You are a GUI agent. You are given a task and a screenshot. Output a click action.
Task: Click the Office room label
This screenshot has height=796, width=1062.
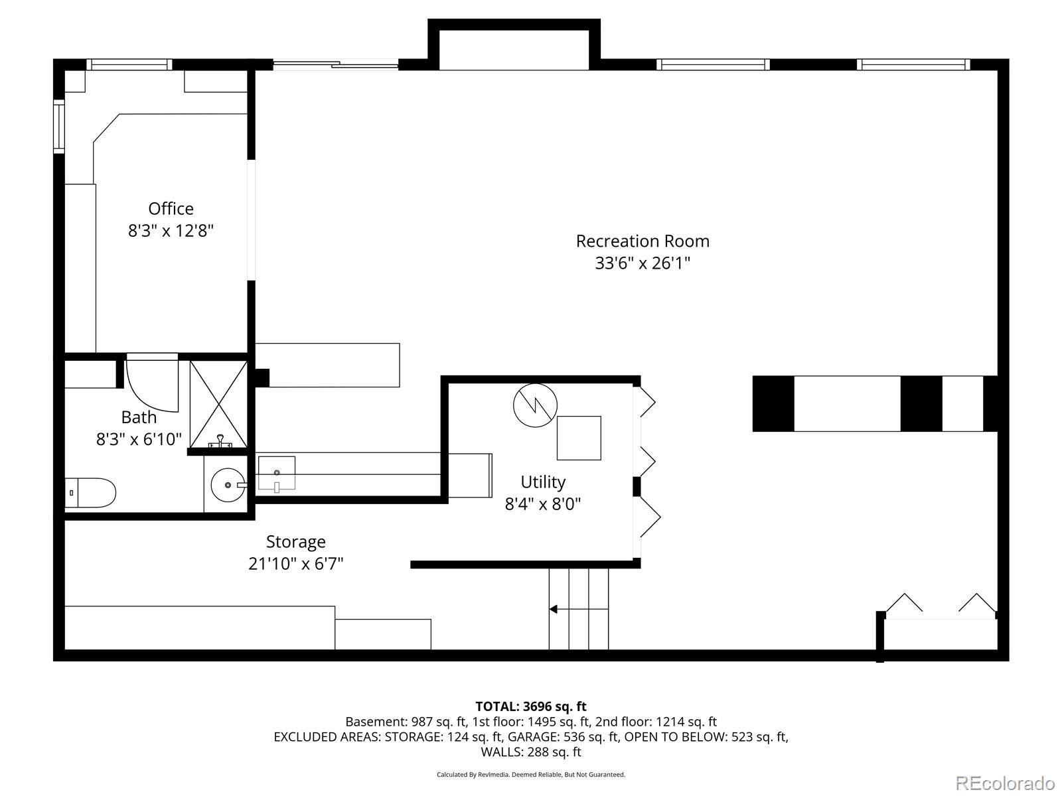coord(171,208)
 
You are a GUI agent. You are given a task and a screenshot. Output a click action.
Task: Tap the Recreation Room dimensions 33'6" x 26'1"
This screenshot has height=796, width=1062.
coord(642,263)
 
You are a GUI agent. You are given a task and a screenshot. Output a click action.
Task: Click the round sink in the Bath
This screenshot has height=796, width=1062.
coord(227,486)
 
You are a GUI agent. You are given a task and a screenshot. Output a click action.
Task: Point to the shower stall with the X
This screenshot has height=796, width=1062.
coord(218,403)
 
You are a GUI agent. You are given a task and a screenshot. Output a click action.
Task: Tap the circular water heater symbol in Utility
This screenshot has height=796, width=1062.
coord(535,405)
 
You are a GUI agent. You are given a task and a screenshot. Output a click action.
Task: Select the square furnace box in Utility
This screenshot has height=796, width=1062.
coord(579,438)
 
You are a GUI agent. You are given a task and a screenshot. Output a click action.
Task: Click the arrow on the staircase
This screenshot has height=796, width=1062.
coord(554,609)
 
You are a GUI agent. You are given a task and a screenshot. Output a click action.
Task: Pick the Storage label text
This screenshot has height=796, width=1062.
coord(295,542)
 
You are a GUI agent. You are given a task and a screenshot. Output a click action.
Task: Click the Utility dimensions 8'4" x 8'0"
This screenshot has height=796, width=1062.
coord(542,504)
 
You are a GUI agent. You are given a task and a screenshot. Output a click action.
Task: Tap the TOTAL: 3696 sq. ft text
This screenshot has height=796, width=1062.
coord(530,706)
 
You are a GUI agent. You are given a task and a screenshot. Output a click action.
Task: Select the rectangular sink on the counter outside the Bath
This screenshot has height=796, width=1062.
coord(276,472)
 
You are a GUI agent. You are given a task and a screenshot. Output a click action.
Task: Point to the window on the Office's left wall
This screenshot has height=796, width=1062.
coord(58,126)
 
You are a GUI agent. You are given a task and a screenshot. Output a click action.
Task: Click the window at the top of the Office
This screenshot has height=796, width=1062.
coord(129,64)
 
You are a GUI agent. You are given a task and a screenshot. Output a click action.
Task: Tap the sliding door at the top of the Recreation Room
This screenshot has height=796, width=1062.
coord(335,64)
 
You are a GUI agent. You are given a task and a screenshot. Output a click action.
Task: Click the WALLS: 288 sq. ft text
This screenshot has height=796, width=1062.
coord(530,752)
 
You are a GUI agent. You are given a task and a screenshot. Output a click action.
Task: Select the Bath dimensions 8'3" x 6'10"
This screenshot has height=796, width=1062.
coord(139,439)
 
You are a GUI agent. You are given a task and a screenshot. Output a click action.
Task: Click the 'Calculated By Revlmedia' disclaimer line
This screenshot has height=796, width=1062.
coord(530,774)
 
